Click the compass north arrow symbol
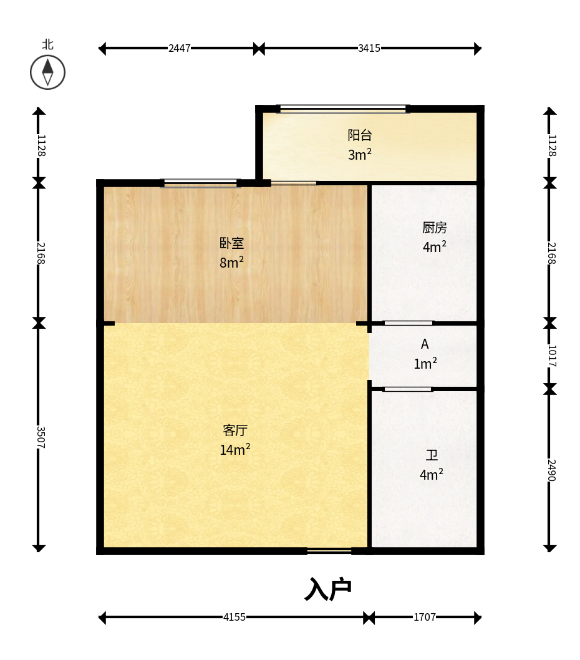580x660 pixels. coord(47,72)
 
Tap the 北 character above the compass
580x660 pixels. coord(47,45)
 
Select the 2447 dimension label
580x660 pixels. coord(180,49)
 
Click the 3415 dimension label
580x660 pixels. coord(369,49)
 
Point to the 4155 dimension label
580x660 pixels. coord(234,617)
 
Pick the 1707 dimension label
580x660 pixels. coord(424,617)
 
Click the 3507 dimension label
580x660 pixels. coord(41,437)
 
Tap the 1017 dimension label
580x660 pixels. coord(552,356)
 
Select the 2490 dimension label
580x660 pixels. coord(552,470)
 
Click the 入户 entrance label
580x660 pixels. coord(328,589)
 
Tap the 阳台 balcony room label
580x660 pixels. coord(360,135)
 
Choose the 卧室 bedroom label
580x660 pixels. coord(231,243)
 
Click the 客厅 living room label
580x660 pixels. coord(235,430)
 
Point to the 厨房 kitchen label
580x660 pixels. coord(434,228)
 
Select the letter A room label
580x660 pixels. coord(425,344)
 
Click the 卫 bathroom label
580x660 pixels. coord(432,455)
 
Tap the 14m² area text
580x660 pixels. coord(235,449)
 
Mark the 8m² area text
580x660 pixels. coord(231,262)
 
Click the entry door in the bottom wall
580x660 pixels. coord(329,551)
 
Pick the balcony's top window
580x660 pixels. coord(343,109)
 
